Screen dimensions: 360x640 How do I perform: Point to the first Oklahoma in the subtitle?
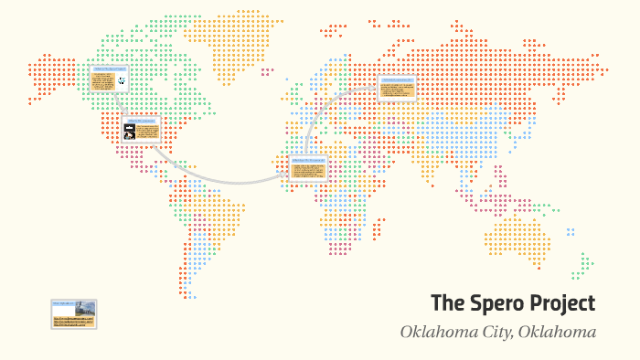pos(433,332)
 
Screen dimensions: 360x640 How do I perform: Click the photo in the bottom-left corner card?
pos(87,309)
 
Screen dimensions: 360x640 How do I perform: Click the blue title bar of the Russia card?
pos(398,79)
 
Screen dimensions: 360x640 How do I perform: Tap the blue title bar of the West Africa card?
pos(309,159)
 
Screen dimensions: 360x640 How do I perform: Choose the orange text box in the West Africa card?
pos(309,171)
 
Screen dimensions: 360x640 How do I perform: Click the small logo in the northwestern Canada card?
pos(122,81)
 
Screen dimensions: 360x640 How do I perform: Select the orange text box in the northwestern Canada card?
pos(102,81)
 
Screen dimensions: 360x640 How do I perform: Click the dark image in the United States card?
pos(130,132)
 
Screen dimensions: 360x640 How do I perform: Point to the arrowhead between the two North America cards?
pos(123,111)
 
